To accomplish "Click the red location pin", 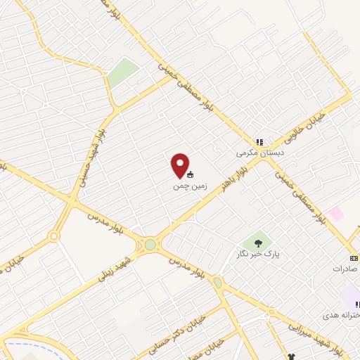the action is pyautogui.click(x=180, y=165).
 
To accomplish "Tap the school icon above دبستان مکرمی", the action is pyautogui.click(x=259, y=142).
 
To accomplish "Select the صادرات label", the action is pyautogui.click(x=346, y=269).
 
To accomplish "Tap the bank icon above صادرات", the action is pyautogui.click(x=354, y=258).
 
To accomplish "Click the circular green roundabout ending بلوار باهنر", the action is pyautogui.click(x=150, y=245).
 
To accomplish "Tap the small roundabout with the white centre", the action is pyautogui.click(x=53, y=236).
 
